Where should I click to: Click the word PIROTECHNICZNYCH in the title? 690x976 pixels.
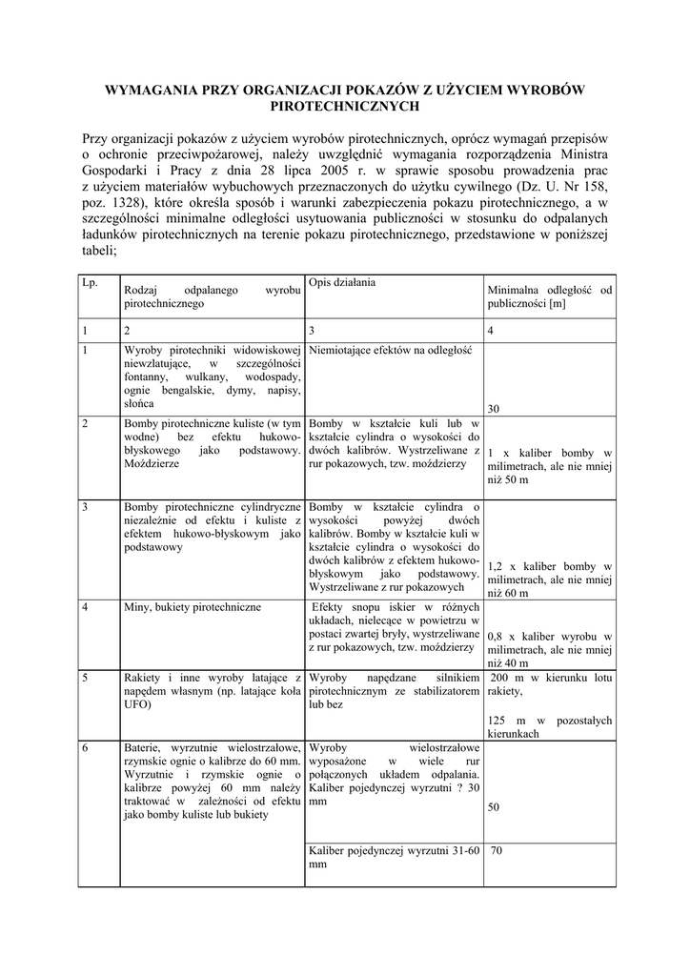(x=345, y=107)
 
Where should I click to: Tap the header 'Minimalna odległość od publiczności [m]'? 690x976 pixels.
(x=549, y=298)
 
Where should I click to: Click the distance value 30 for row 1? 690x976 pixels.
(x=494, y=409)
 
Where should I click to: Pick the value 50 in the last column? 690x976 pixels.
(x=494, y=807)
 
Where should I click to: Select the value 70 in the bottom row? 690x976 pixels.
(x=497, y=851)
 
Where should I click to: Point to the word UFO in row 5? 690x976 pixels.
(x=136, y=706)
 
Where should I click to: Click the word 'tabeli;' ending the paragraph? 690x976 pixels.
(x=99, y=252)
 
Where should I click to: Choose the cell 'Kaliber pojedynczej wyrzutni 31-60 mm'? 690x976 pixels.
(x=394, y=858)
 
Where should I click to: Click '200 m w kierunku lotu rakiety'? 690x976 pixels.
(x=549, y=684)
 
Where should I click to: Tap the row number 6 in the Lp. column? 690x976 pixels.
(x=86, y=747)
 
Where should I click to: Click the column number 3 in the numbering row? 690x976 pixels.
(x=313, y=330)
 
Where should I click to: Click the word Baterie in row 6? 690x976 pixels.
(x=145, y=747)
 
